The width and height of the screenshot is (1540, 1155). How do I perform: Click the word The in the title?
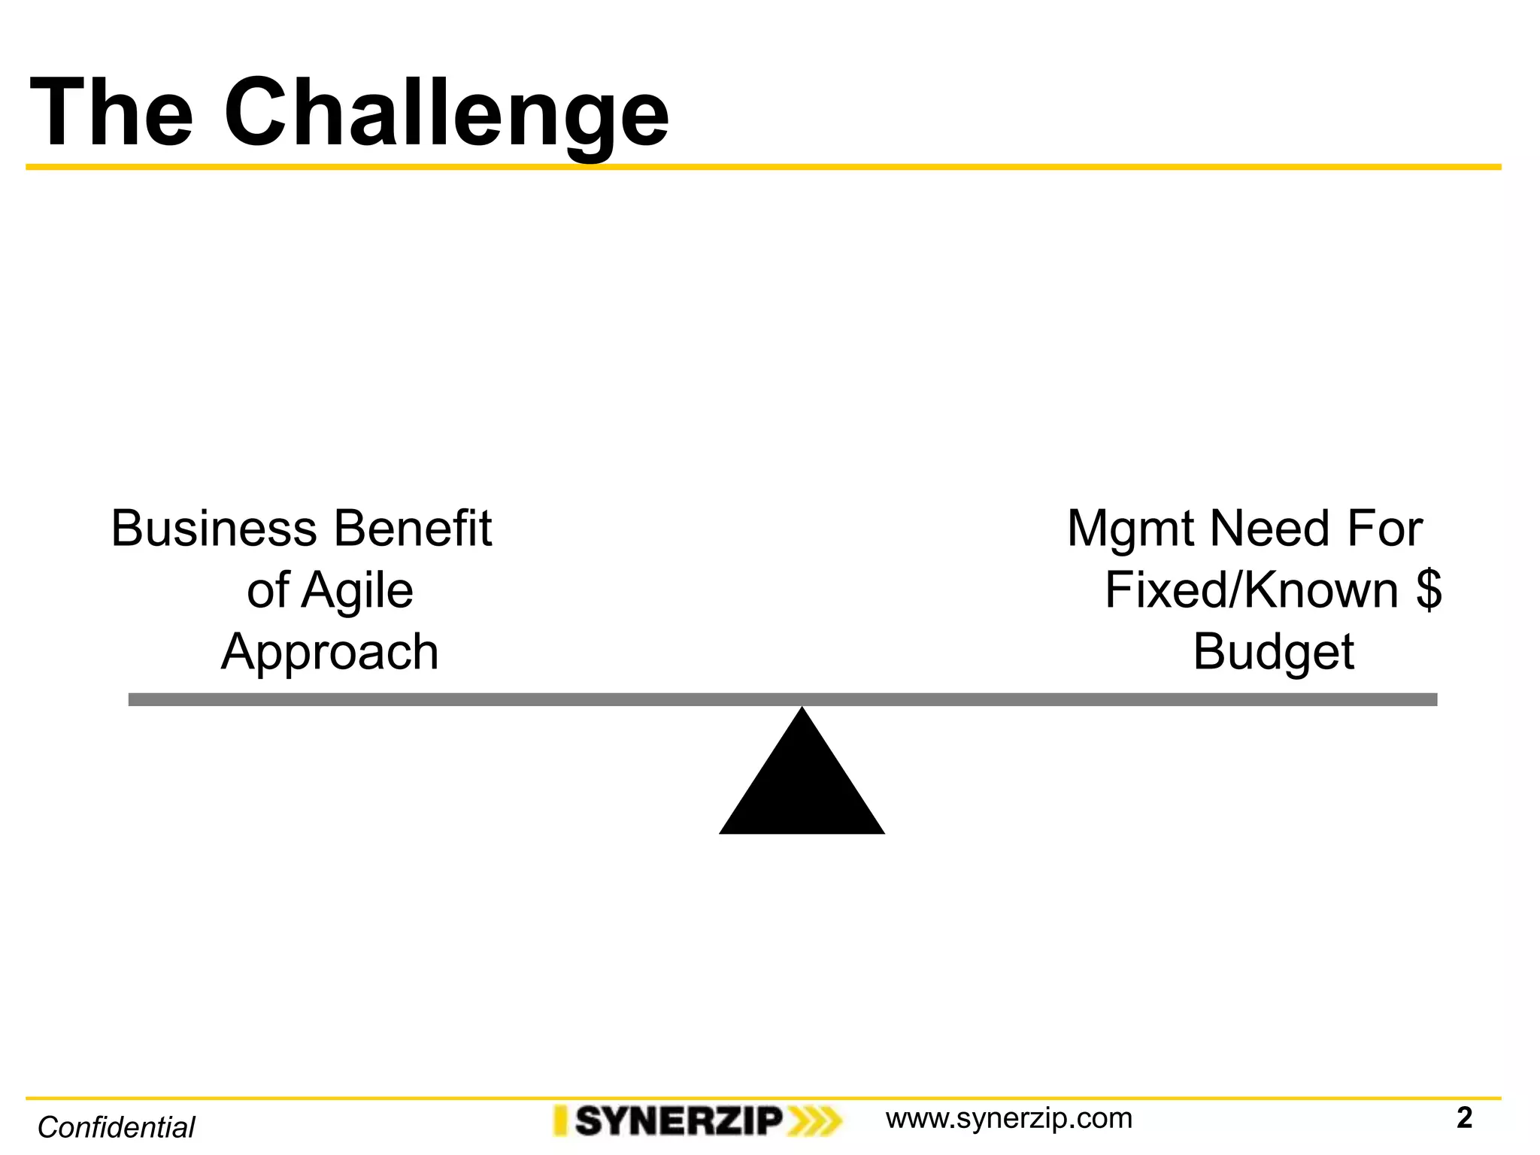(112, 113)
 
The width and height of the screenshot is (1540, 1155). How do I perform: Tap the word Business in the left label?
(214, 529)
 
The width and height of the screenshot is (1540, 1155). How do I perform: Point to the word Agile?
(357, 590)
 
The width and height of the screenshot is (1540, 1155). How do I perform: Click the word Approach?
(329, 652)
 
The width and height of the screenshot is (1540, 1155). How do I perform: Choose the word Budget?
(1273, 652)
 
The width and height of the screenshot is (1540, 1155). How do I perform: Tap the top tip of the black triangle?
(802, 710)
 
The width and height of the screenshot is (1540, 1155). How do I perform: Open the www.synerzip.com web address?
(1008, 1118)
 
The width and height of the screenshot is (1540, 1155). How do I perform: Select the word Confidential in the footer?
(117, 1127)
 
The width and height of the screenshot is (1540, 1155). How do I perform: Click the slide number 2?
(1463, 1118)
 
